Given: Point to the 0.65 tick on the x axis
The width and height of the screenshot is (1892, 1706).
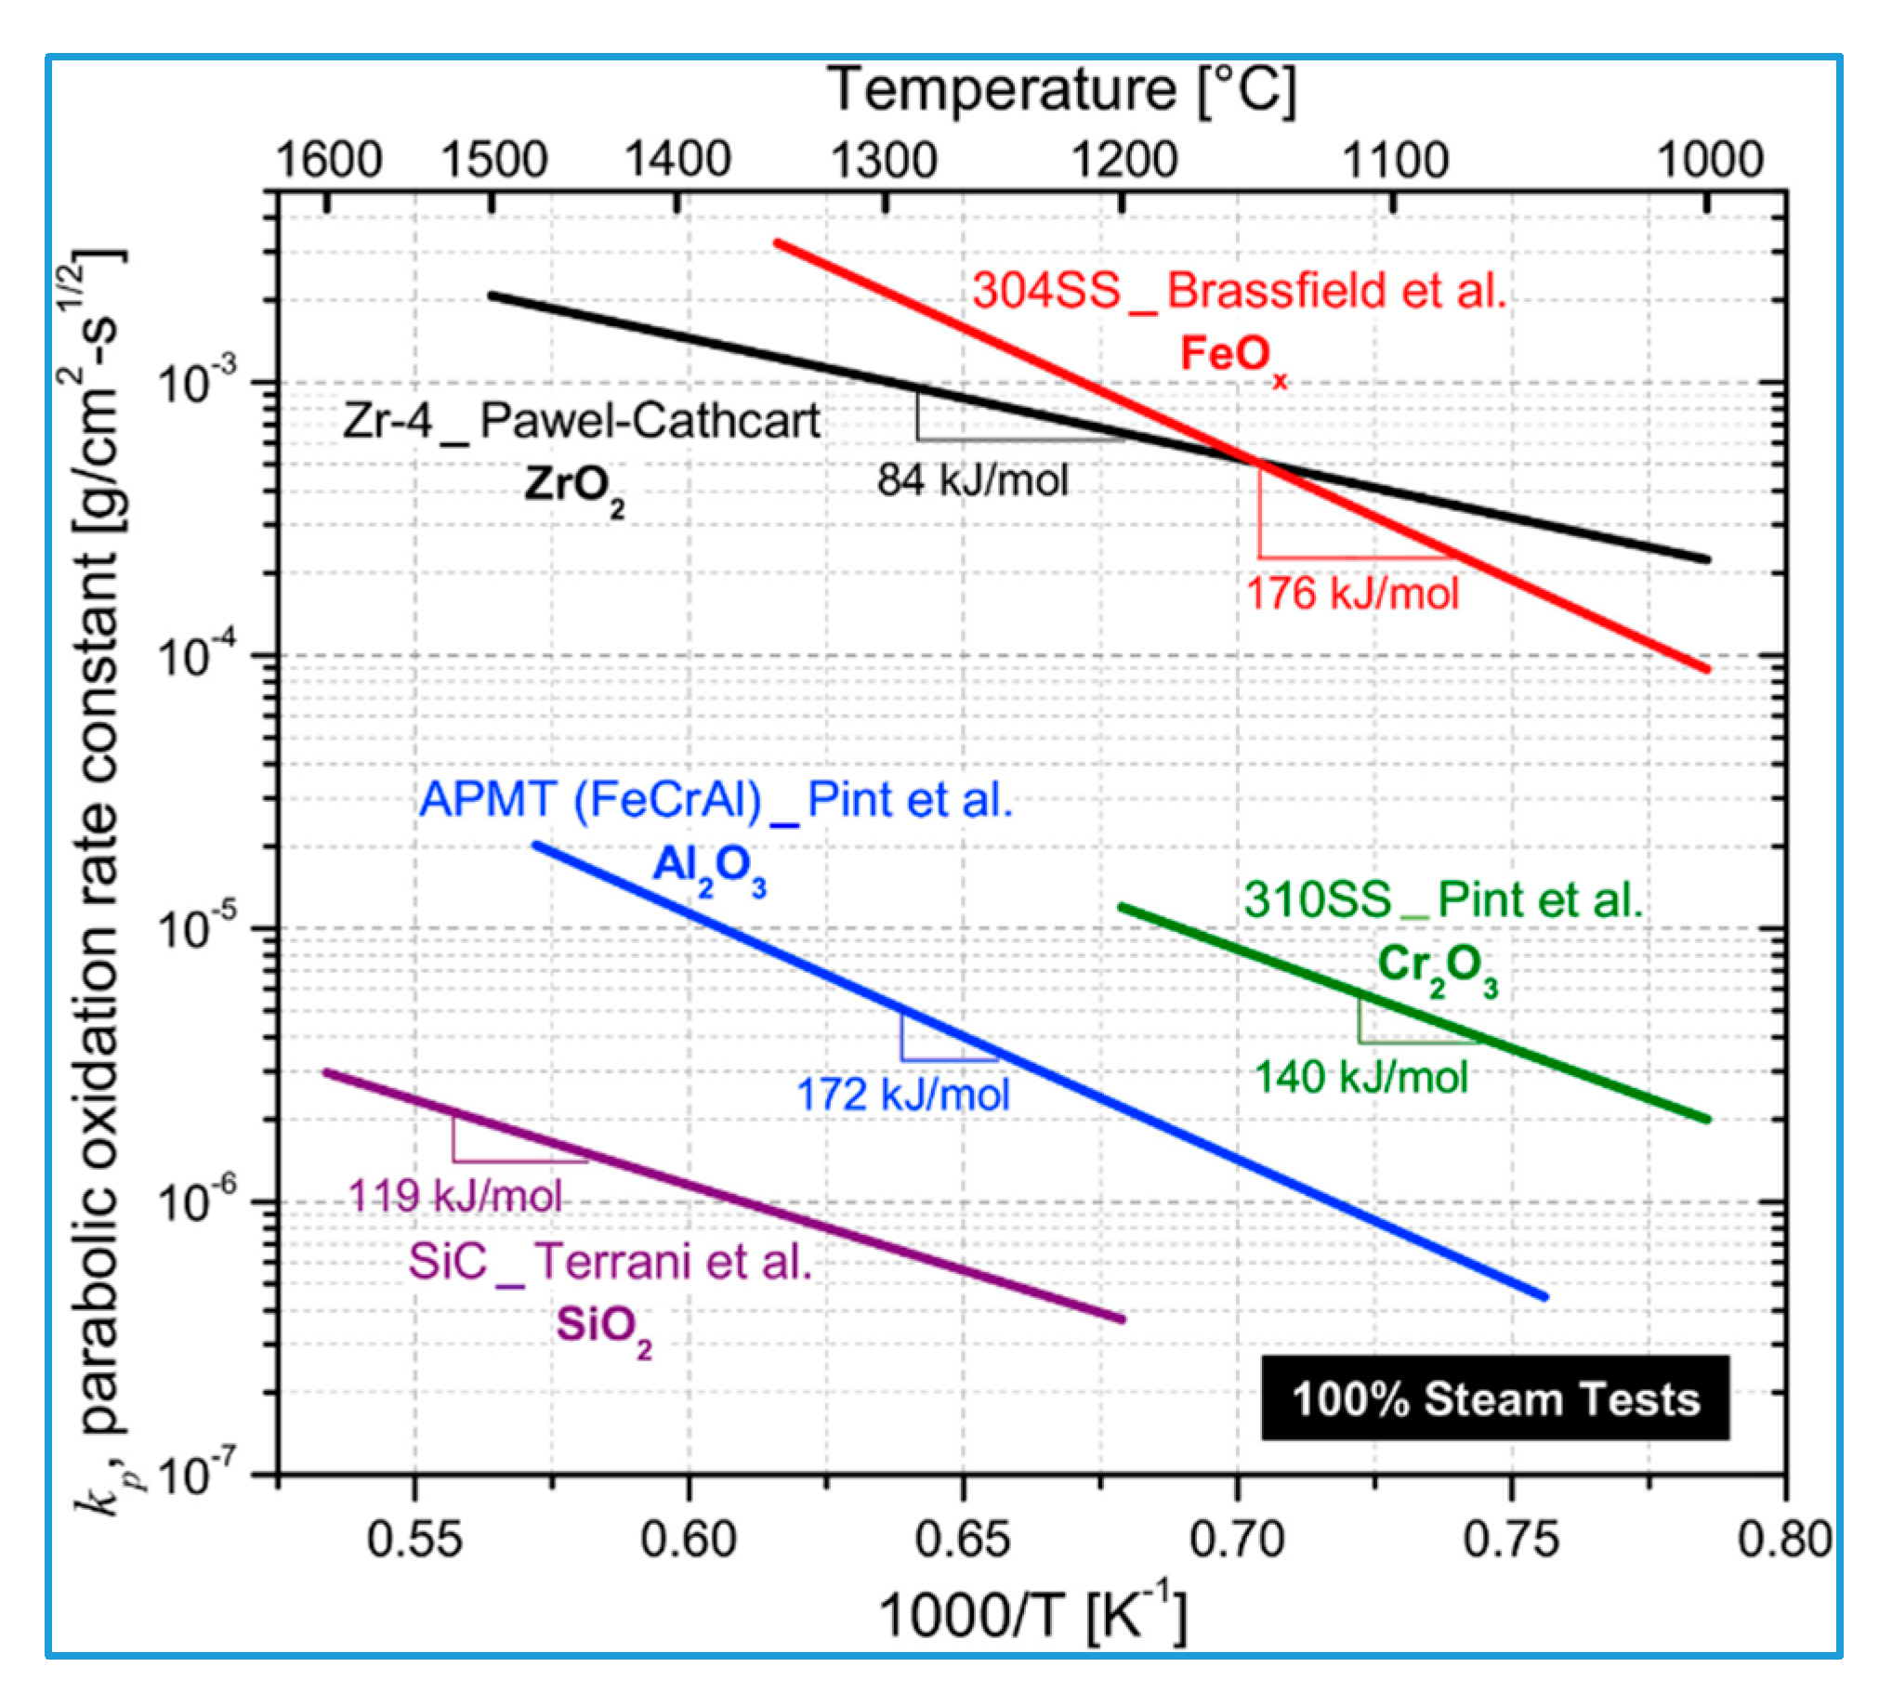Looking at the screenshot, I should pos(962,1539).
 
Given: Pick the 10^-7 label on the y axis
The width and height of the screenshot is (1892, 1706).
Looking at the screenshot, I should pos(198,1476).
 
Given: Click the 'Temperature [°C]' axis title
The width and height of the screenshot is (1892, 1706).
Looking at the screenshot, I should pos(1061,91).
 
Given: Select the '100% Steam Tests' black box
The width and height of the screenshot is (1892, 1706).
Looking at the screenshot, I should pos(1494,1398).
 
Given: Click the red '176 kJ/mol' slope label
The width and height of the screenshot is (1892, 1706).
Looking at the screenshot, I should pos(1352,594).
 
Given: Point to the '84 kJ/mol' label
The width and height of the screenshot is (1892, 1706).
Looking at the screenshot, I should pos(972,481).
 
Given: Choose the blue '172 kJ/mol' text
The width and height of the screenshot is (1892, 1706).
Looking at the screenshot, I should pos(902,1094).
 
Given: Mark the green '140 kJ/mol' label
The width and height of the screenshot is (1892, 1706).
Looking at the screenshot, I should pos(1360,1077).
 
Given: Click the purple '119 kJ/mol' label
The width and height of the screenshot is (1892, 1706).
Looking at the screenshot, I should pos(455,1196).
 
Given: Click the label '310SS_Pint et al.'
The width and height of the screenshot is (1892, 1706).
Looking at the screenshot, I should pos(1443,899).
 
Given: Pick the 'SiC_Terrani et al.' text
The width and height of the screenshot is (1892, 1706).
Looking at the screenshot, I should pos(610,1262).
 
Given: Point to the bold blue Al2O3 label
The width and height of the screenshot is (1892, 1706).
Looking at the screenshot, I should pos(709,869).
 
